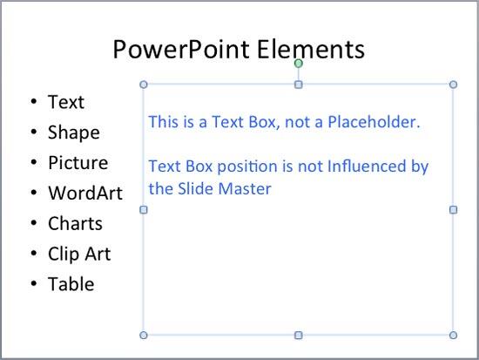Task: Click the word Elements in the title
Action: click(311, 50)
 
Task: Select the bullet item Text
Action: click(66, 102)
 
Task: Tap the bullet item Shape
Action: click(73, 132)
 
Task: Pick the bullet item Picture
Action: click(78, 163)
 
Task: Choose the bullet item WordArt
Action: click(84, 194)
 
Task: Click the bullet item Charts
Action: click(75, 224)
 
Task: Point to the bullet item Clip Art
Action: click(78, 255)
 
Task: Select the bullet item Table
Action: click(71, 284)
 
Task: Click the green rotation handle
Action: click(299, 63)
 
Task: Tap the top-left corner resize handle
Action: click(144, 85)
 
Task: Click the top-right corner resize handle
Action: click(453, 85)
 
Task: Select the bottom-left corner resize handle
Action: click(144, 335)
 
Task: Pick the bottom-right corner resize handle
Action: click(453, 335)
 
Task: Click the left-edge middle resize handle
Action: click(144, 209)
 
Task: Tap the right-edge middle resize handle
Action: click(453, 209)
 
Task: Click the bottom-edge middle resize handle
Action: click(299, 335)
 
